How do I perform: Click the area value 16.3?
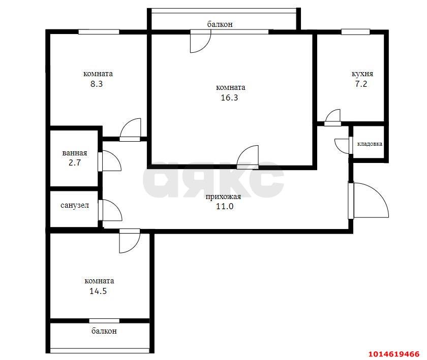click(229, 98)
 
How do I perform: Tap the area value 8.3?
click(97, 84)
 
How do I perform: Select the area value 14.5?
click(99, 291)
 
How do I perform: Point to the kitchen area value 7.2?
click(360, 84)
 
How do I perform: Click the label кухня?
click(362, 74)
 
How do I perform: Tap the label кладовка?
click(370, 144)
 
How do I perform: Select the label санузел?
click(75, 206)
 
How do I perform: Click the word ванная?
click(74, 153)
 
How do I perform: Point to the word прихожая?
click(223, 197)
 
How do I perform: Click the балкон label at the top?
click(220, 24)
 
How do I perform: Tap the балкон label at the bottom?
click(104, 331)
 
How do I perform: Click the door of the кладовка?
click(342, 145)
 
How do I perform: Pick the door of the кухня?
click(333, 117)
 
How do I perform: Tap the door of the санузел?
click(111, 210)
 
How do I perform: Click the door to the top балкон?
click(200, 42)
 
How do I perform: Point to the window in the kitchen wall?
click(355, 31)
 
